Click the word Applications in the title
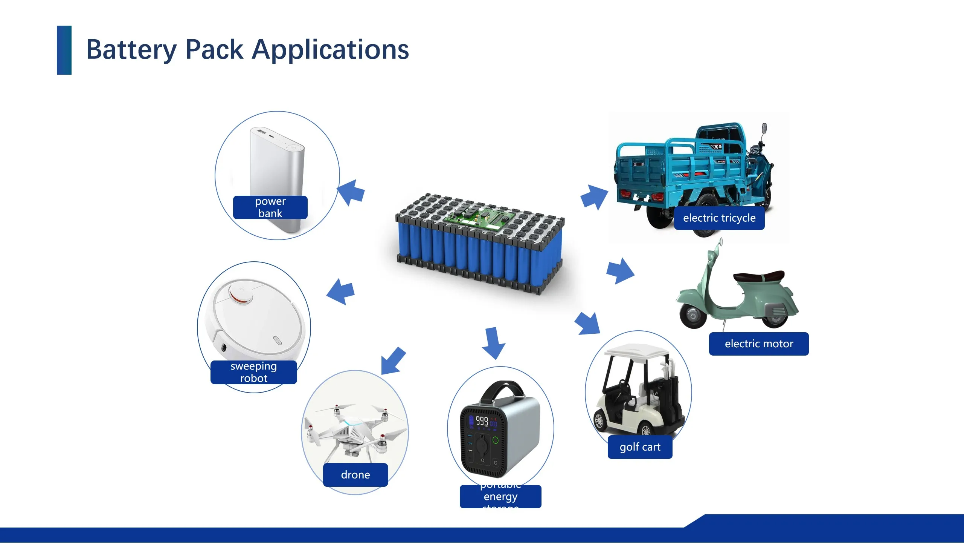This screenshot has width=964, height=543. [330, 50]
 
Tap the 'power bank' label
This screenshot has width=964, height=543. [270, 207]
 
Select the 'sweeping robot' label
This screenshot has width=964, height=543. [253, 372]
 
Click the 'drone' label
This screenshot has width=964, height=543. [355, 475]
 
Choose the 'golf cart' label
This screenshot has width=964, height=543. [640, 447]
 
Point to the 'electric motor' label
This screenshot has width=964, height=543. [758, 344]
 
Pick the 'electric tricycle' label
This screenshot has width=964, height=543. [719, 218]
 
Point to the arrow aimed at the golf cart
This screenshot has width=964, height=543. [587, 324]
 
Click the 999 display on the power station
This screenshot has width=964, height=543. [482, 421]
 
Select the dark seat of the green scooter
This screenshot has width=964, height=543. [759, 277]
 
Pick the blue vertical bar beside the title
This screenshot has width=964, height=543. [64, 50]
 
